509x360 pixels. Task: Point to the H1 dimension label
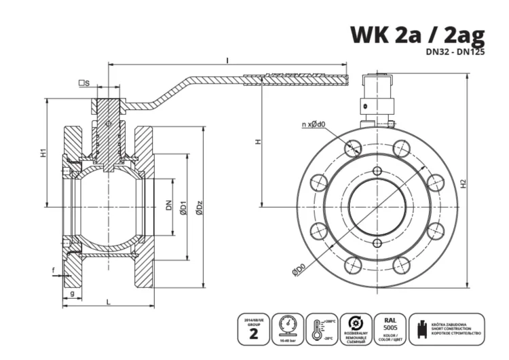click(x=42, y=154)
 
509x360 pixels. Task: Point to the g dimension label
click(x=72, y=293)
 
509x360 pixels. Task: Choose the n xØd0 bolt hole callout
click(x=314, y=124)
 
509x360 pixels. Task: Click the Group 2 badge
click(x=254, y=327)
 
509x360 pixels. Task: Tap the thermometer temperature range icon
click(x=321, y=327)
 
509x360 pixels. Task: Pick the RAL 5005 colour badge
click(x=390, y=327)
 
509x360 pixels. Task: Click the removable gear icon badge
click(x=355, y=327)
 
